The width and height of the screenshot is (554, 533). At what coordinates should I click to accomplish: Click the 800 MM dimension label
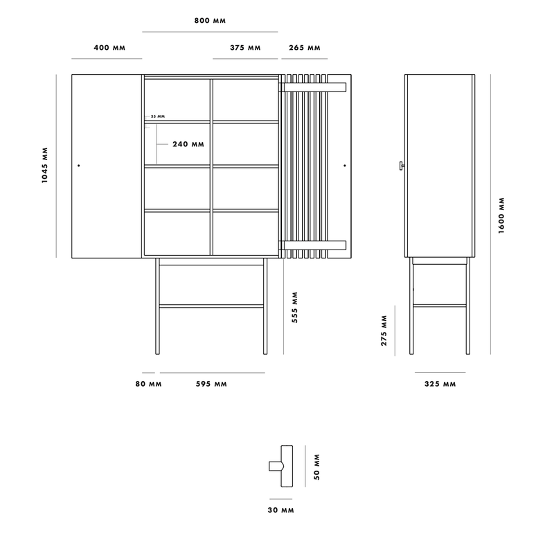pyautogui.click(x=210, y=21)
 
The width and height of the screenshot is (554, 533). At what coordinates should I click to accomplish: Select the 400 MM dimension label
pyautogui.click(x=109, y=47)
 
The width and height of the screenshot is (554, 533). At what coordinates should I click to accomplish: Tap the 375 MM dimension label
pyautogui.click(x=245, y=47)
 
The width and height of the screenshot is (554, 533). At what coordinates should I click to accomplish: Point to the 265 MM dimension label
pyautogui.click(x=305, y=47)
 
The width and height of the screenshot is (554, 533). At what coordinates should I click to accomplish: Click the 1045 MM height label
pyautogui.click(x=44, y=165)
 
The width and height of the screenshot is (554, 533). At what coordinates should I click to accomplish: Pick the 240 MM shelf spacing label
pyautogui.click(x=188, y=144)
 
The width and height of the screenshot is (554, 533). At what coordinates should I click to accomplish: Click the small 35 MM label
pyautogui.click(x=158, y=116)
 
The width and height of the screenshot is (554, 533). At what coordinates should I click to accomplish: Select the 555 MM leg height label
pyautogui.click(x=295, y=307)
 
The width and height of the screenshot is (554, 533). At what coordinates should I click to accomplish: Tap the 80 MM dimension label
pyautogui.click(x=148, y=384)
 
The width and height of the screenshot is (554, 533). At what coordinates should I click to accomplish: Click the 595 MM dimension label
pyautogui.click(x=211, y=384)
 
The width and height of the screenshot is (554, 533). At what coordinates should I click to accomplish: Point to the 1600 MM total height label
pyautogui.click(x=501, y=216)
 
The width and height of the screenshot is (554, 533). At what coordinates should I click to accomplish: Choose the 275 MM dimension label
pyautogui.click(x=384, y=331)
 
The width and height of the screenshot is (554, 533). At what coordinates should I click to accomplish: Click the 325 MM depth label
pyautogui.click(x=440, y=384)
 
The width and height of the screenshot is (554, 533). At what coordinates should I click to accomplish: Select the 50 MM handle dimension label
pyautogui.click(x=316, y=467)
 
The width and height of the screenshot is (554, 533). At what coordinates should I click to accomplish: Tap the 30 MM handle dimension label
pyautogui.click(x=281, y=510)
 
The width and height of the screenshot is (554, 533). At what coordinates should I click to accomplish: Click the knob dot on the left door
pyautogui.click(x=79, y=165)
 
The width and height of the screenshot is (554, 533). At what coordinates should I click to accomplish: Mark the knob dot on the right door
pyautogui.click(x=345, y=165)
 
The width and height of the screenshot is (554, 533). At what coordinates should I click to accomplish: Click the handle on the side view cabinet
pyautogui.click(x=402, y=166)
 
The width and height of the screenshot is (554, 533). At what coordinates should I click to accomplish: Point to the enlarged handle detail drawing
pyautogui.click(x=281, y=466)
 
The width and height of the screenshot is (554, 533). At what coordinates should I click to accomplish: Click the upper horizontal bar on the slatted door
pyautogui.click(x=313, y=87)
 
